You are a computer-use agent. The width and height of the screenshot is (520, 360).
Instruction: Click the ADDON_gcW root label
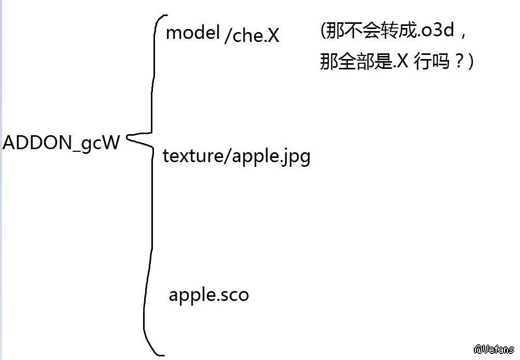coord(61,142)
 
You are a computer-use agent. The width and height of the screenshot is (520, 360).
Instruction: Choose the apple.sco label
coord(208,295)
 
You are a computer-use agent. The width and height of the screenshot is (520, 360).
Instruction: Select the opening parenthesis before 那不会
coord(323,31)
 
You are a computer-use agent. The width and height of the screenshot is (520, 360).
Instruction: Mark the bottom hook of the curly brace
coord(158,353)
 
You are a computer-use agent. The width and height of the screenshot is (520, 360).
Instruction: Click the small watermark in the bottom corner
coord(493,350)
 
